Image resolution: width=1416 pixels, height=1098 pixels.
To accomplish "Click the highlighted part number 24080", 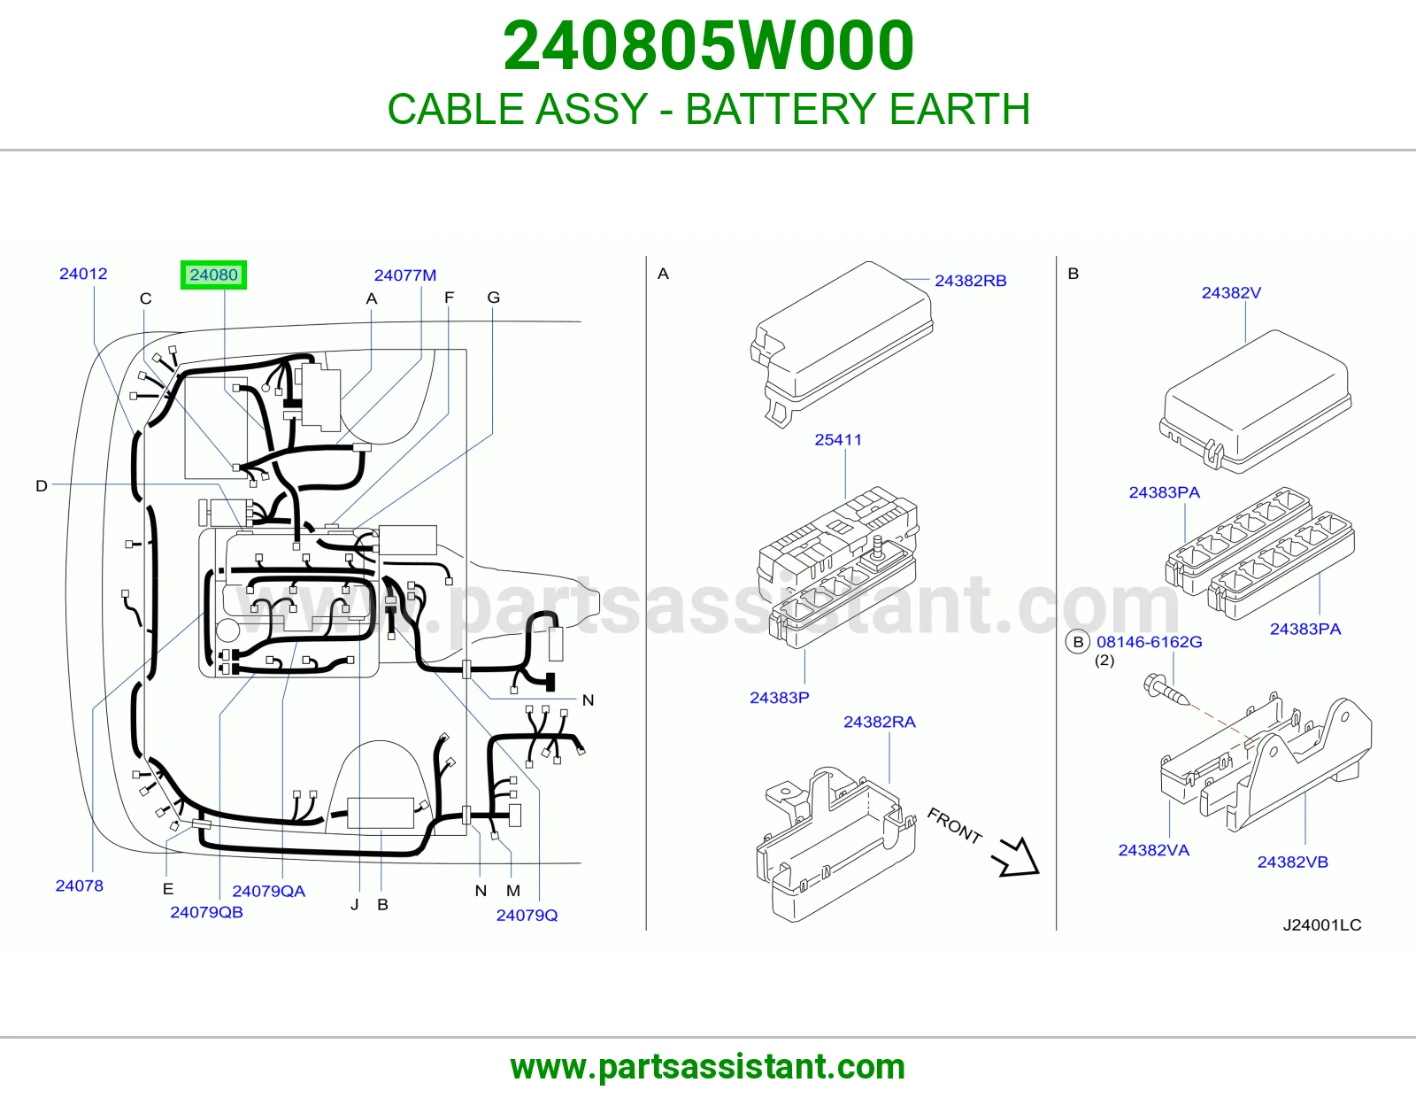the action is pos(214,274).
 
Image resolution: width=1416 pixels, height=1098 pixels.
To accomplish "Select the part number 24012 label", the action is pos(83,274).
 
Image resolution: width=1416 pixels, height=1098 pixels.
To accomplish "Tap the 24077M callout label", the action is pos(405,275).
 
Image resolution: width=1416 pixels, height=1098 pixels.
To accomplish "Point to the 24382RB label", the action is pos(970,281).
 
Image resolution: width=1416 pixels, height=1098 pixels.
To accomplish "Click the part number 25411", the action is pos(838,439).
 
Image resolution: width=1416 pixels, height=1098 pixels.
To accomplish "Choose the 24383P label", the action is pos(780,698).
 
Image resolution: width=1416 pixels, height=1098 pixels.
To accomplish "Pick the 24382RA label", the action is pos(880,722).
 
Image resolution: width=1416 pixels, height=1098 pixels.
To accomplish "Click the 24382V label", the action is pos(1231,293).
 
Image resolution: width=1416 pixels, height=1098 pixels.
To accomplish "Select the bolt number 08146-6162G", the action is pos(1150,642).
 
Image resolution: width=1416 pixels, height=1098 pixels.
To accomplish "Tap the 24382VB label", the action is pos(1293,862).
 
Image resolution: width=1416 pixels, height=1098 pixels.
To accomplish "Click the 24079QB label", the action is pos(206,912).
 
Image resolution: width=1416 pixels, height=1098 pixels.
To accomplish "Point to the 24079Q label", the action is pos(527,916).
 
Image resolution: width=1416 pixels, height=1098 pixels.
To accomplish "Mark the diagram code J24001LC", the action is pos(1322,924).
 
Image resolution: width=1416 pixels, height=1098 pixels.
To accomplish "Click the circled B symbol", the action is pos(1078,642).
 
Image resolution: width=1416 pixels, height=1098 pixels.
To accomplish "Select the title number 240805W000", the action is pos(708,45).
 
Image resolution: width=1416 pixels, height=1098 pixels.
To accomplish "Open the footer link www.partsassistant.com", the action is pos(708,1067).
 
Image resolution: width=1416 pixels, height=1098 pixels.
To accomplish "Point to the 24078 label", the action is pos(80,885).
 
